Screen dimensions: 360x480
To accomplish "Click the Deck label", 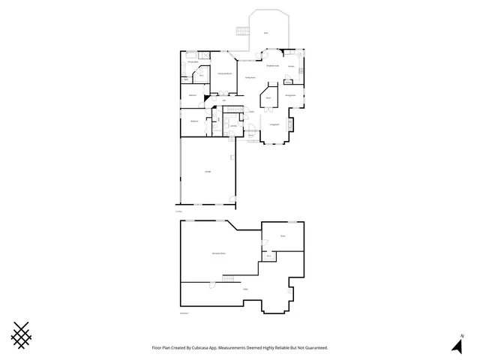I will [265, 33].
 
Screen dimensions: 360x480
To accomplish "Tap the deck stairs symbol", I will [241, 31].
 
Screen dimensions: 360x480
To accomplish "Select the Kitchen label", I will [290, 67].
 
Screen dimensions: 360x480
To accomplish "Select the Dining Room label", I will [289, 96].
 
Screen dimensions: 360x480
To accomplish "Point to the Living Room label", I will [274, 123].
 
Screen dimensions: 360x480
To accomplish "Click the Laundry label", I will [234, 125].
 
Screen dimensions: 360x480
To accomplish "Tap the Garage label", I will [208, 172].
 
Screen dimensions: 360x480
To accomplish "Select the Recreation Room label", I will [219, 253].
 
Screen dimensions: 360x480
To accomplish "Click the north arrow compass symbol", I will [456, 344].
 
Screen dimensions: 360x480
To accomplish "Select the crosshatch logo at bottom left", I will [23, 334].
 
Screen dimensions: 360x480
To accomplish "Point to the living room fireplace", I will [292, 123].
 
